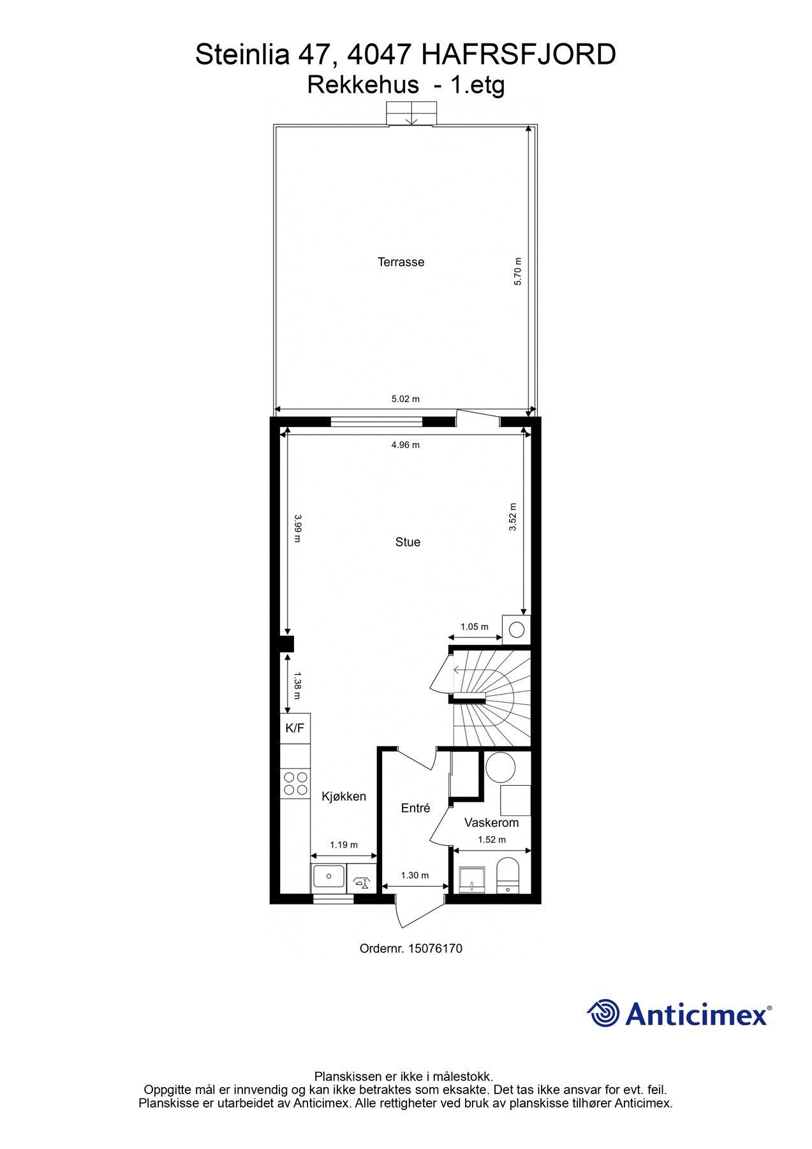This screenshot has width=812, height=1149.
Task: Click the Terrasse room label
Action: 401,262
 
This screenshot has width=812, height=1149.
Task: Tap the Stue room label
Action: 408,542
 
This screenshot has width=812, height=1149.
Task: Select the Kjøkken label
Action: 344,796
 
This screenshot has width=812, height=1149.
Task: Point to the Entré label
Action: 415,808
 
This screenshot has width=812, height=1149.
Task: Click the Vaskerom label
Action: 491,823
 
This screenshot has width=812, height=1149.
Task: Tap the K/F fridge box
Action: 295,728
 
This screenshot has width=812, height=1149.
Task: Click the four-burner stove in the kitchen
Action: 295,784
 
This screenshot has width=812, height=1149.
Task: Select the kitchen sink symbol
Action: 328,878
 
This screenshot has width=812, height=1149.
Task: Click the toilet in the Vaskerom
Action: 508,875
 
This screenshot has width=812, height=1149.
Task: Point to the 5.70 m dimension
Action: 518,271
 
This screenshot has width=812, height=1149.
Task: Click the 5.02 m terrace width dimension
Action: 406,399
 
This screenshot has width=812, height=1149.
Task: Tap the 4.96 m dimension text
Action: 406,445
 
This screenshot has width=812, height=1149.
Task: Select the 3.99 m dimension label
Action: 296,529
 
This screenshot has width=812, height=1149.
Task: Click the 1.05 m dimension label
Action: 474,627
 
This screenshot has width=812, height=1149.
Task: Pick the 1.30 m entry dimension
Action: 415,875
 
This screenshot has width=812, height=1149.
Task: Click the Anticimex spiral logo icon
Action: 603,1013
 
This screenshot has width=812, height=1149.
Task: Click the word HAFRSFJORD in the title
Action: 519,55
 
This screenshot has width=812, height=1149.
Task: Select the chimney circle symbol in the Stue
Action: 517,630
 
